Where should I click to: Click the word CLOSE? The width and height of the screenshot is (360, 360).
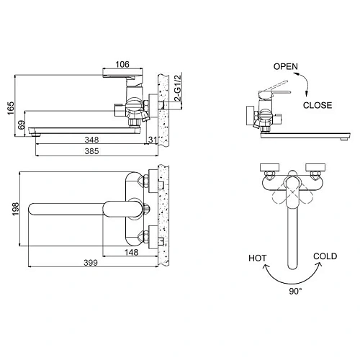317,105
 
